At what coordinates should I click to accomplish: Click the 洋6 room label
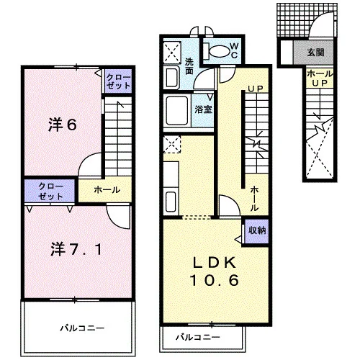(x=63, y=125)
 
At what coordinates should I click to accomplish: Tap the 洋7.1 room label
(x=76, y=249)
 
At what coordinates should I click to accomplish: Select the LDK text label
(x=215, y=262)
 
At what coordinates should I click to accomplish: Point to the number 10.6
(x=215, y=280)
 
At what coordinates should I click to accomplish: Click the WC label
(x=233, y=50)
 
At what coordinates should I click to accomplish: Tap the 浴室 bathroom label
(x=204, y=109)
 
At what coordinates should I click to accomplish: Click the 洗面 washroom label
(x=189, y=66)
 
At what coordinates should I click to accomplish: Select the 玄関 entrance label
(x=316, y=52)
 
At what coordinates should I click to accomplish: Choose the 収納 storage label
(x=257, y=230)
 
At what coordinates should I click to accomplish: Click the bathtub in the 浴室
(x=177, y=111)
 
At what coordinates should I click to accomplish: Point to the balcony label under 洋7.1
(x=82, y=328)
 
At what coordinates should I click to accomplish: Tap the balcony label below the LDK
(x=198, y=337)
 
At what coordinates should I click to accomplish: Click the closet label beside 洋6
(x=118, y=81)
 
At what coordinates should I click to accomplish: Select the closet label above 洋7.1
(x=51, y=192)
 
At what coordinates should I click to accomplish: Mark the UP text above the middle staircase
(x=256, y=89)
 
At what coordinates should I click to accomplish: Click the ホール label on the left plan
(x=107, y=190)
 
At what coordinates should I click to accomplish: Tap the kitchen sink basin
(x=171, y=202)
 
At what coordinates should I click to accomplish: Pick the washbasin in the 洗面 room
(x=171, y=78)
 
